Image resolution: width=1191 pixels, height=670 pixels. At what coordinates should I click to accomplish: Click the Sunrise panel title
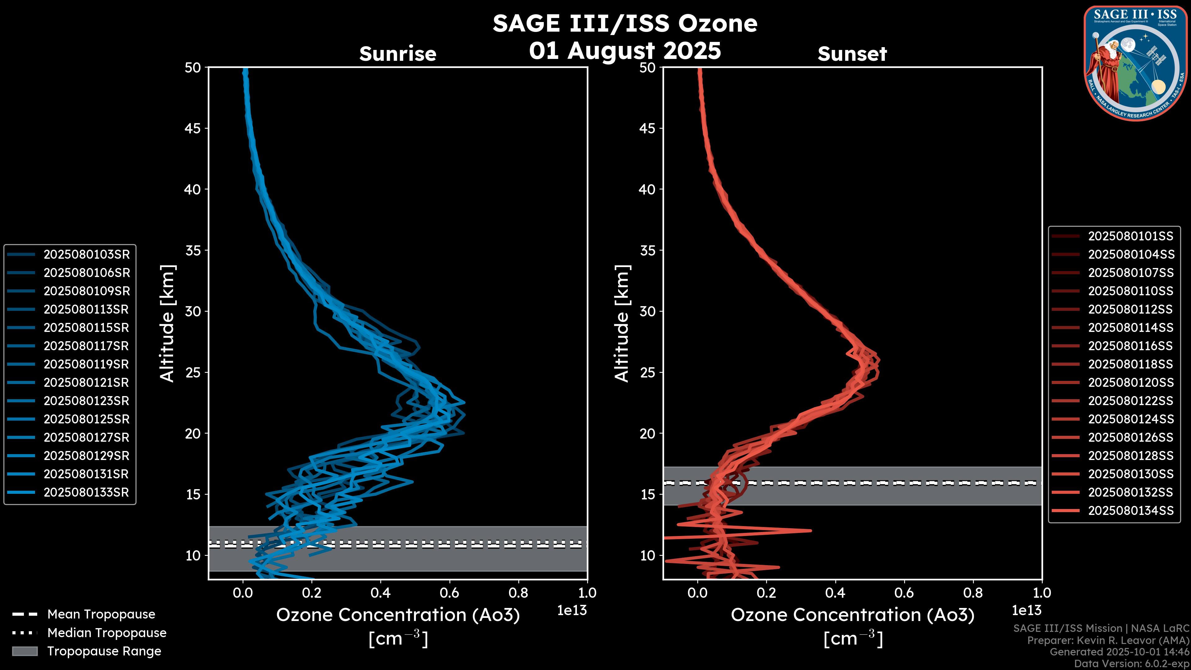(398, 54)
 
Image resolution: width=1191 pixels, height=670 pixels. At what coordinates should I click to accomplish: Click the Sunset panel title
(852, 54)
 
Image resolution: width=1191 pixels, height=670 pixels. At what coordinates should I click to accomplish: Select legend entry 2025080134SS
(1131, 511)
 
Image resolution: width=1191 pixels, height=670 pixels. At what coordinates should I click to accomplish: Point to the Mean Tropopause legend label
(101, 614)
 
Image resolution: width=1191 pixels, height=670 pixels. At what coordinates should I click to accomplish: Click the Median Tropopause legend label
(107, 632)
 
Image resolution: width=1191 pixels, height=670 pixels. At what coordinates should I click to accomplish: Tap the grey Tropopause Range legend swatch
(25, 651)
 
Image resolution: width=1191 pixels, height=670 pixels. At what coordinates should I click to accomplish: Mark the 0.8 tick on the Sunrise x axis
(518, 593)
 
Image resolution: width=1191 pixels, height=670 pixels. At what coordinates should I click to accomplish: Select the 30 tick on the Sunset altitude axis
(647, 311)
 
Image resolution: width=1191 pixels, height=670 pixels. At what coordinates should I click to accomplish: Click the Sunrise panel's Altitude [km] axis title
(167, 323)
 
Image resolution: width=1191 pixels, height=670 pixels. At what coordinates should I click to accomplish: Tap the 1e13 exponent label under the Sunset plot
(1026, 610)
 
